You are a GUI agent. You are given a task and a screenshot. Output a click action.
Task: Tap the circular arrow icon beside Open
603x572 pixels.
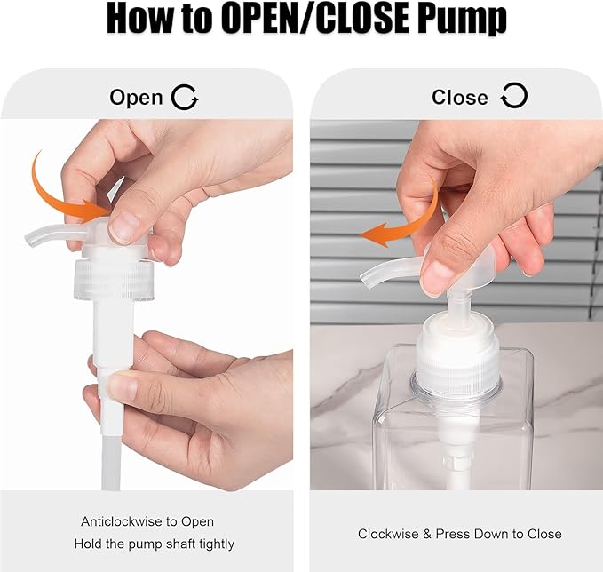(185, 97)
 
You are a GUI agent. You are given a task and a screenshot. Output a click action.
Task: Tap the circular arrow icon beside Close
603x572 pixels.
(514, 96)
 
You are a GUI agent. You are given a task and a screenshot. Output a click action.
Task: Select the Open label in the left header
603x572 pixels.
(136, 98)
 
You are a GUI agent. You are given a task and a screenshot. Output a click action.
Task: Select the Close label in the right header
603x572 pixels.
(459, 97)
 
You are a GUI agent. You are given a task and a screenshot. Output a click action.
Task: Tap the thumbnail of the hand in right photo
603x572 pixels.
(437, 276)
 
